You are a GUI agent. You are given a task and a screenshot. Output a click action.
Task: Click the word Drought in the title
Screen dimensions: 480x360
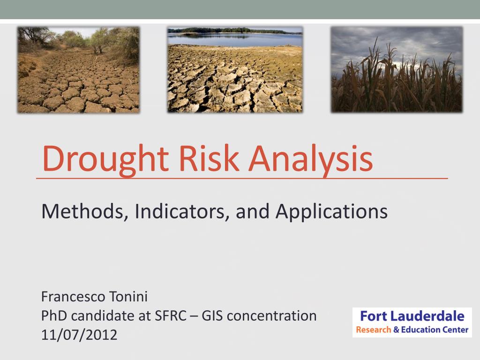tap(105, 160)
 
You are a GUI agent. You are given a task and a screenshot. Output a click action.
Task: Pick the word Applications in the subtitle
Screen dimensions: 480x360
tap(331, 212)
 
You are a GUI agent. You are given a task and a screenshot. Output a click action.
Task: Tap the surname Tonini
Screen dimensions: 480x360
tap(128, 296)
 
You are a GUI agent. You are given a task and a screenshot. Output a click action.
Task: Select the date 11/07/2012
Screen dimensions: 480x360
tap(79, 335)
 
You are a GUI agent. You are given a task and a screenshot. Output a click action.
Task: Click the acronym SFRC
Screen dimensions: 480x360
tap(171, 315)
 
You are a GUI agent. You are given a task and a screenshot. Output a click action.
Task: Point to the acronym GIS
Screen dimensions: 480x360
tap(212, 315)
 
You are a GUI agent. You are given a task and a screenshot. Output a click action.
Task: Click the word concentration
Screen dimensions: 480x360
tap(272, 315)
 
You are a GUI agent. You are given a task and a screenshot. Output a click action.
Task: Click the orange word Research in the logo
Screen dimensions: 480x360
tap(374, 330)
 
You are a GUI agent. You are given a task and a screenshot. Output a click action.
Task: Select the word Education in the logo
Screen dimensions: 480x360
tap(421, 330)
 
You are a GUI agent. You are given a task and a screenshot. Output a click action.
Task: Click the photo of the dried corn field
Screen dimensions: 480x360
tap(397, 69)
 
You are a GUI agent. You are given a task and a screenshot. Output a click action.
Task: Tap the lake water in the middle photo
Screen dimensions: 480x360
tap(235, 39)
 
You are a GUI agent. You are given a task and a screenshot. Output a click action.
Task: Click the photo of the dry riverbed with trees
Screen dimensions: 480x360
tap(78, 70)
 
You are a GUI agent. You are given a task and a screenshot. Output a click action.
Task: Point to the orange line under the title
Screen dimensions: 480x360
tap(242, 178)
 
